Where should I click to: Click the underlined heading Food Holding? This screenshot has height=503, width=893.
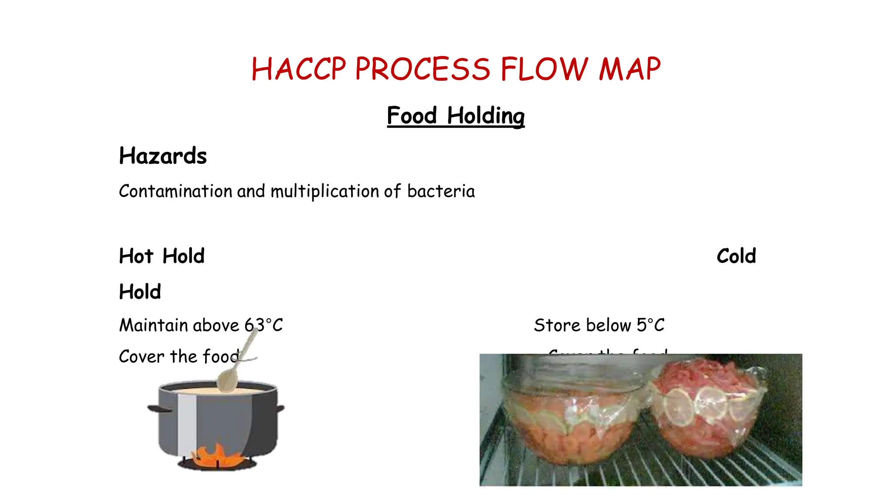[x=456, y=116]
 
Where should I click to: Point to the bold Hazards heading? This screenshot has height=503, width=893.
[x=163, y=156]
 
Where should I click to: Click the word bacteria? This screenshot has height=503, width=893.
[x=441, y=192]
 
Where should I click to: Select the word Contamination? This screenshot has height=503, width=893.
[x=175, y=192]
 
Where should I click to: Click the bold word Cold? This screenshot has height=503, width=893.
[x=736, y=256]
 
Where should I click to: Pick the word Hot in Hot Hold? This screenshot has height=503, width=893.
[x=136, y=256]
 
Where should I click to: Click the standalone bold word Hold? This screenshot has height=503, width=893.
[x=140, y=292]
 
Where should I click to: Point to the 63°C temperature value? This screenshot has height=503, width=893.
[x=263, y=326]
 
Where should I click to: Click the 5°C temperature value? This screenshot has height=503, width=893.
[x=650, y=326]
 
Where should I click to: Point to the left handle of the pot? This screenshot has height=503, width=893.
[x=158, y=409]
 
